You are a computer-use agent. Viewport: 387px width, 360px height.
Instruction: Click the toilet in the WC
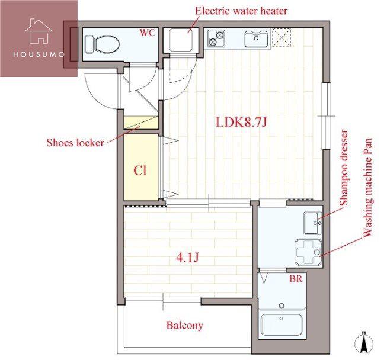pos(102,44)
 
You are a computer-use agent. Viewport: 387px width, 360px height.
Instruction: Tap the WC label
pos(148,33)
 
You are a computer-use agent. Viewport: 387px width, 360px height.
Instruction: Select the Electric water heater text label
pos(241,11)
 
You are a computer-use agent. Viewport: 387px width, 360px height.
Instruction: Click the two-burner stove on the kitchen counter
pos(216,38)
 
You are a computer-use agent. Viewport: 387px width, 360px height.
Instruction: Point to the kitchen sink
pos(256,39)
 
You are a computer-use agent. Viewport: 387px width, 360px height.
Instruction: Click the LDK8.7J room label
pos(241,123)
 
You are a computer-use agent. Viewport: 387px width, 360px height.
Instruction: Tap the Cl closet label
pos(140,170)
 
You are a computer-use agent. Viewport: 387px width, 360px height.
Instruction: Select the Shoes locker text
pos(75,143)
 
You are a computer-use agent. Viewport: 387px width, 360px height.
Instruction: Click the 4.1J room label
pos(188,258)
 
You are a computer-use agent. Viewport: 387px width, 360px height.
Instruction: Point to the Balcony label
pos(185,325)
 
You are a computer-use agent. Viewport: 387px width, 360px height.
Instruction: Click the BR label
pos(296,279)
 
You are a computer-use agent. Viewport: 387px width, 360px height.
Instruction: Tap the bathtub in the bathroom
pos(282,324)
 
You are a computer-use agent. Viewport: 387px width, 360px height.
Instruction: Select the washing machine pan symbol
pos(309,252)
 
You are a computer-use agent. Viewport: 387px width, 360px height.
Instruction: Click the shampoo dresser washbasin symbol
pos(313,223)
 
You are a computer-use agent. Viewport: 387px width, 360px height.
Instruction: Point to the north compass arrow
pos(364,343)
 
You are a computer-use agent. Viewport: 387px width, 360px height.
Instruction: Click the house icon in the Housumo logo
pos(39,31)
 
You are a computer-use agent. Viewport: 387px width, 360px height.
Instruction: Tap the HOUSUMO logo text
pos(39,54)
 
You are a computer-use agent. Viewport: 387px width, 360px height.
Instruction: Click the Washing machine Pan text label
pos(367,188)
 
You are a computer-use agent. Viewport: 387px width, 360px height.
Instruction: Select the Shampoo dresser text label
pos(344,168)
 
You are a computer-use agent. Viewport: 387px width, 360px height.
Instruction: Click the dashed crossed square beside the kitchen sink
pos(282,37)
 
